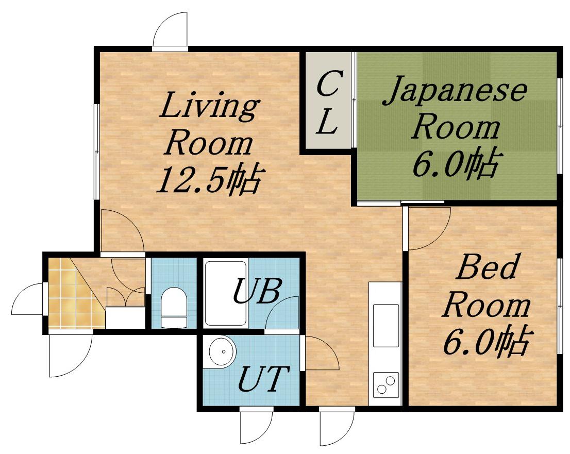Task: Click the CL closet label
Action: [x=328, y=103]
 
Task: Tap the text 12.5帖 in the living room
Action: [x=208, y=180]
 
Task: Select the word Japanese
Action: [x=455, y=90]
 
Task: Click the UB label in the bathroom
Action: [x=257, y=291]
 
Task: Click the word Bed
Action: [x=486, y=267]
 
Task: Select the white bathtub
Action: [x=226, y=293]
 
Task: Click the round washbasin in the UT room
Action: [x=223, y=351]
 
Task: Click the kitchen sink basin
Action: [x=385, y=326]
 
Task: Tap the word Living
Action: [x=209, y=106]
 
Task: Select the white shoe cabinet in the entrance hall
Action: [x=125, y=317]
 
